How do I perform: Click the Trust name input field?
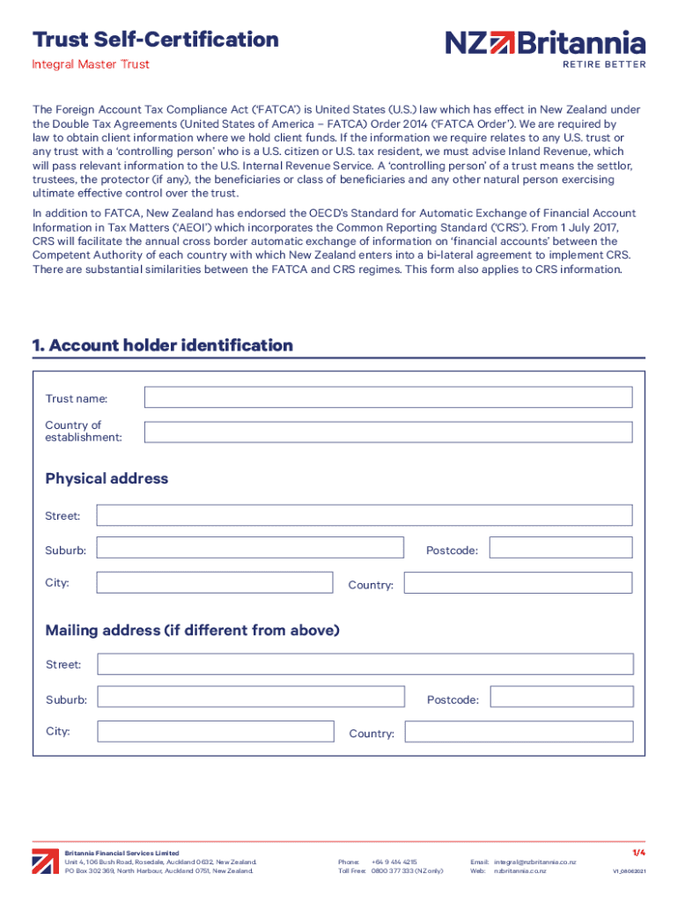coord(387,397)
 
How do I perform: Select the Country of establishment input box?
coord(387,432)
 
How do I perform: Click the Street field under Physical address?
coord(364,515)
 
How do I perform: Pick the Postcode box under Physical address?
coord(560,548)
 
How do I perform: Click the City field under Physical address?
coord(214,583)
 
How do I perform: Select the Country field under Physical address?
coord(518,583)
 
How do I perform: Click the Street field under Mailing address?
coord(365,664)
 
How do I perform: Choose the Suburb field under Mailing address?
coord(250,698)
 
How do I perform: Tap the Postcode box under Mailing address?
coord(561,698)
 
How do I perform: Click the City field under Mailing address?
coord(215,732)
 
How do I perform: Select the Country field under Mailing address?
coord(519,732)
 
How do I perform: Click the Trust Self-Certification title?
coord(156,40)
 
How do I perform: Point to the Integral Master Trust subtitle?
coord(91,64)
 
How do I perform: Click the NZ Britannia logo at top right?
coord(545,42)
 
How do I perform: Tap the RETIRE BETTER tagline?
coord(603,64)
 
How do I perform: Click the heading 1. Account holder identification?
coord(163,345)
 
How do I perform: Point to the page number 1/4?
coord(638,853)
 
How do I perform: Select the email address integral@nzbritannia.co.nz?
coord(534,861)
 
